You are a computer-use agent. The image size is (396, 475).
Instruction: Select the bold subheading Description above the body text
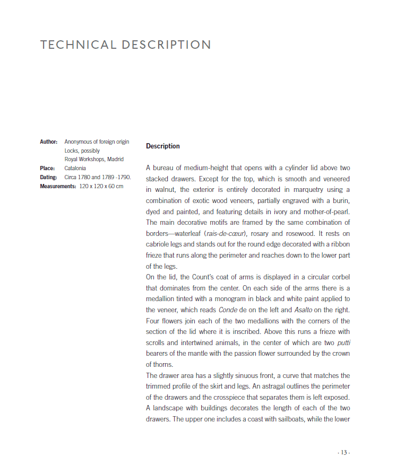click(163, 146)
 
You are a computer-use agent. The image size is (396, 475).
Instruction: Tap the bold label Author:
click(49, 142)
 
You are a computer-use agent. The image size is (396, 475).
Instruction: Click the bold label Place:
click(48, 168)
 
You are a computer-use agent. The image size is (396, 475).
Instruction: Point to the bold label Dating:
click(49, 177)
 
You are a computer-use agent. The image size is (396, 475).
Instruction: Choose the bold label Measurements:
click(58, 186)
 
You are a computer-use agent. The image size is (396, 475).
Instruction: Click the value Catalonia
click(75, 168)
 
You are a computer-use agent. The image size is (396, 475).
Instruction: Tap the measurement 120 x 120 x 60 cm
click(101, 186)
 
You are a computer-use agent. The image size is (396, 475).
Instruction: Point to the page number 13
click(343, 453)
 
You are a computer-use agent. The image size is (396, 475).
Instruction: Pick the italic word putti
click(343, 342)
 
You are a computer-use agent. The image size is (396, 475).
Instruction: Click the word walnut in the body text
click(161, 189)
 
